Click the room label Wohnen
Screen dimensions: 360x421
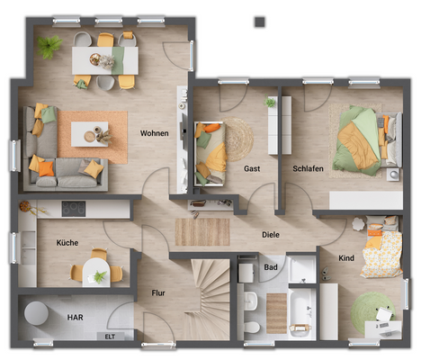pos(155,133)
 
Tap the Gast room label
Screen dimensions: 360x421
pos(252,168)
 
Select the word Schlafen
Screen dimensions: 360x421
pos(308,168)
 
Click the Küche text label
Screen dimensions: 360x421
pos(67,243)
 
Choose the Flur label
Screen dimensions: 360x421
pos(157,292)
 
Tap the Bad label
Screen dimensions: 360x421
pos(270,267)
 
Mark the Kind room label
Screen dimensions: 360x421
pos(346,258)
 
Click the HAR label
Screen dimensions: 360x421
pos(76,317)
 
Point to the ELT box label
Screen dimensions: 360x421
pos(110,337)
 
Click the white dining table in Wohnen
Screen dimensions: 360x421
pos(105,61)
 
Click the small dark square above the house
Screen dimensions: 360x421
pos(260,20)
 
